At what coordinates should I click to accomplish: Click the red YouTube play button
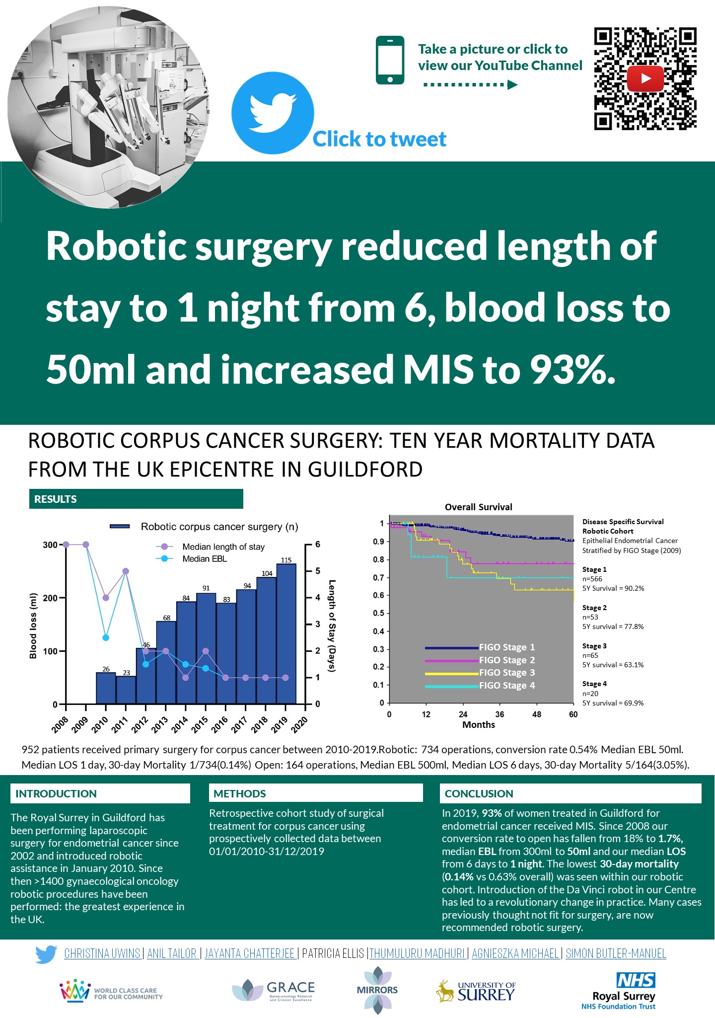[x=645, y=78]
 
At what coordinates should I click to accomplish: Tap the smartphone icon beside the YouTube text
[x=390, y=60]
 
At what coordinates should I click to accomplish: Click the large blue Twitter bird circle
[x=273, y=113]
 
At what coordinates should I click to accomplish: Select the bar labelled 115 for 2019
[x=286, y=633]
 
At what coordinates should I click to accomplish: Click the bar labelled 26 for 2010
[x=106, y=688]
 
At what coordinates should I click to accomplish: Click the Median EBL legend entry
[x=204, y=559]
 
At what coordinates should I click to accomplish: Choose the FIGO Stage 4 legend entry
[x=506, y=686]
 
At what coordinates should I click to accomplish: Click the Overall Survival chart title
[x=478, y=507]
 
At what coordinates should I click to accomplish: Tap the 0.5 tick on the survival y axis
[x=378, y=613]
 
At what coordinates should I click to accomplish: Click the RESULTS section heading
[x=56, y=499]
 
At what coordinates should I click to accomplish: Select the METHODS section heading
[x=240, y=793]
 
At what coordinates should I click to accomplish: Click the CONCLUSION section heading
[x=479, y=793]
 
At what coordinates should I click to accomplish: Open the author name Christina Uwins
[x=102, y=953]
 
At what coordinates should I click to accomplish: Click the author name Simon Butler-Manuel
[x=616, y=953]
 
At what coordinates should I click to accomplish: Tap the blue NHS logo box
[x=636, y=980]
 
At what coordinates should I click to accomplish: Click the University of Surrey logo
[x=476, y=992]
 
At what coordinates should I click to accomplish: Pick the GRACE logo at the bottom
[x=274, y=990]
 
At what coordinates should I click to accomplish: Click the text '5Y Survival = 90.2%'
[x=613, y=588]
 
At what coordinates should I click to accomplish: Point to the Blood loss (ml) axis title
[x=33, y=626]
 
